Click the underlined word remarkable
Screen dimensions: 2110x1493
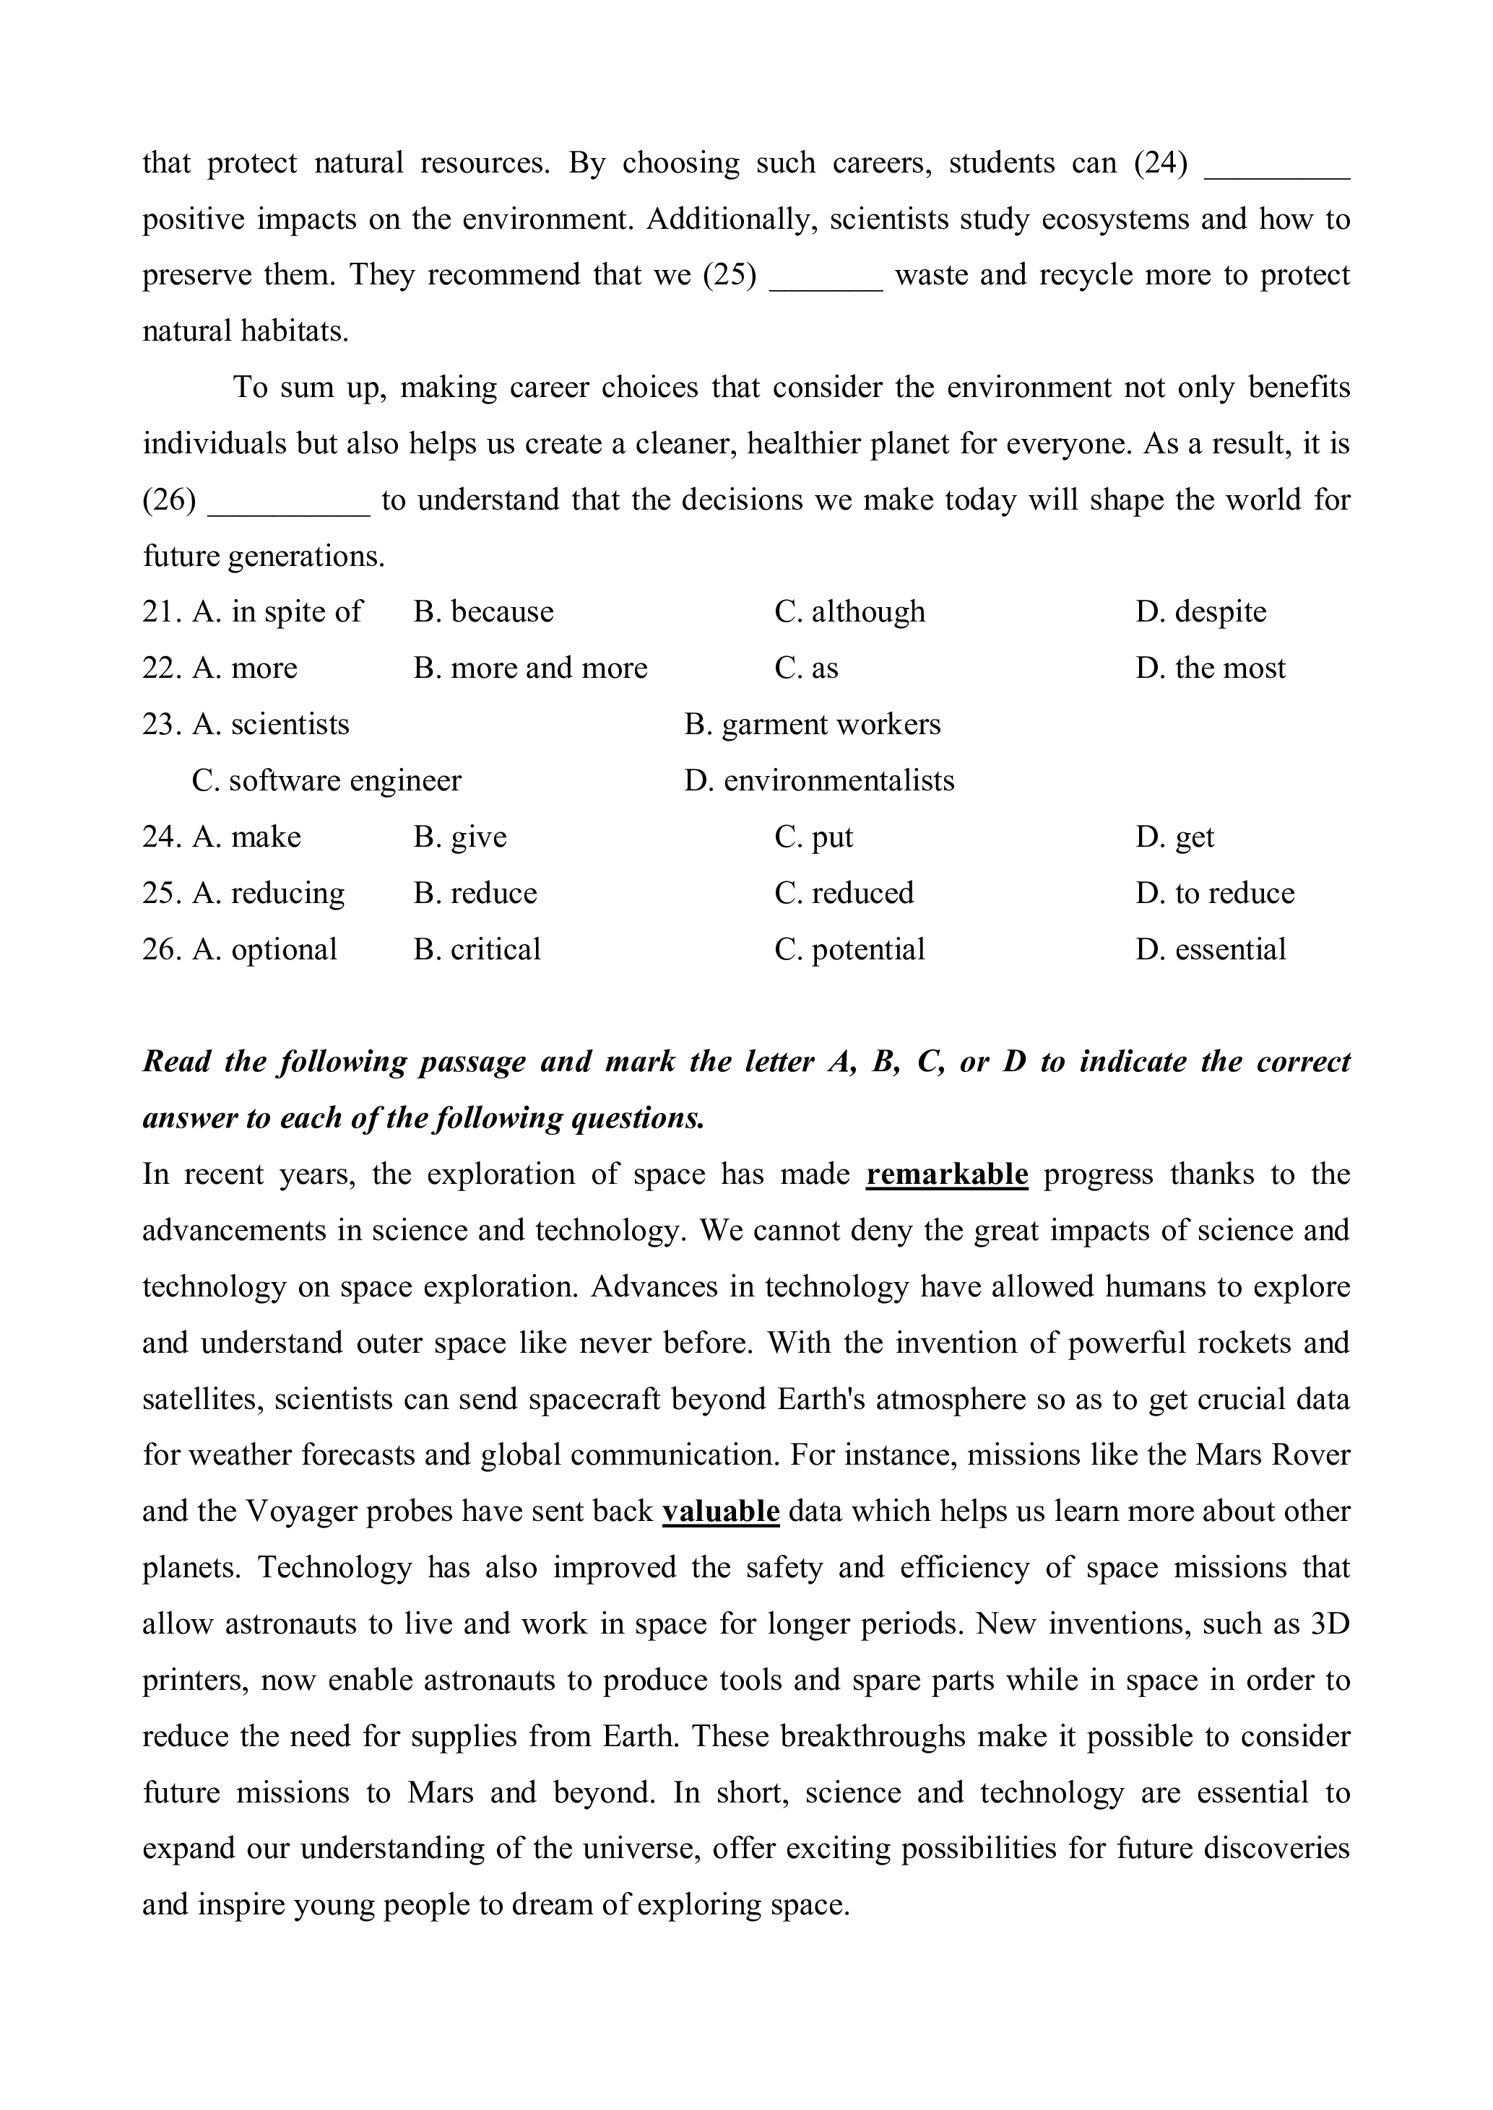[946, 1174]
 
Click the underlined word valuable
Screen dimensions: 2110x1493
[721, 1512]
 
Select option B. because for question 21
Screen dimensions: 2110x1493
[483, 612]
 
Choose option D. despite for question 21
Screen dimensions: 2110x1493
[1200, 612]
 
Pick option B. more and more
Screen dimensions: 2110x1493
[530, 668]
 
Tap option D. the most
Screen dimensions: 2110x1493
[1210, 668]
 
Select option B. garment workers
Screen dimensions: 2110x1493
[813, 724]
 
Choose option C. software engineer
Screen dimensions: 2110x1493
[326, 780]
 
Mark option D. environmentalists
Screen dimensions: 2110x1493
[819, 780]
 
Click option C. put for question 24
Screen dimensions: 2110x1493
[813, 837]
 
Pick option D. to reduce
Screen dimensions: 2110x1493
[1214, 893]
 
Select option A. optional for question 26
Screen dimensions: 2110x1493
[265, 949]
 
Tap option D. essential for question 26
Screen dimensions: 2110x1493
[1210, 949]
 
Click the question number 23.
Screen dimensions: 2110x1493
[158, 724]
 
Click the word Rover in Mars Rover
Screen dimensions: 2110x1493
[1312, 1456]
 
